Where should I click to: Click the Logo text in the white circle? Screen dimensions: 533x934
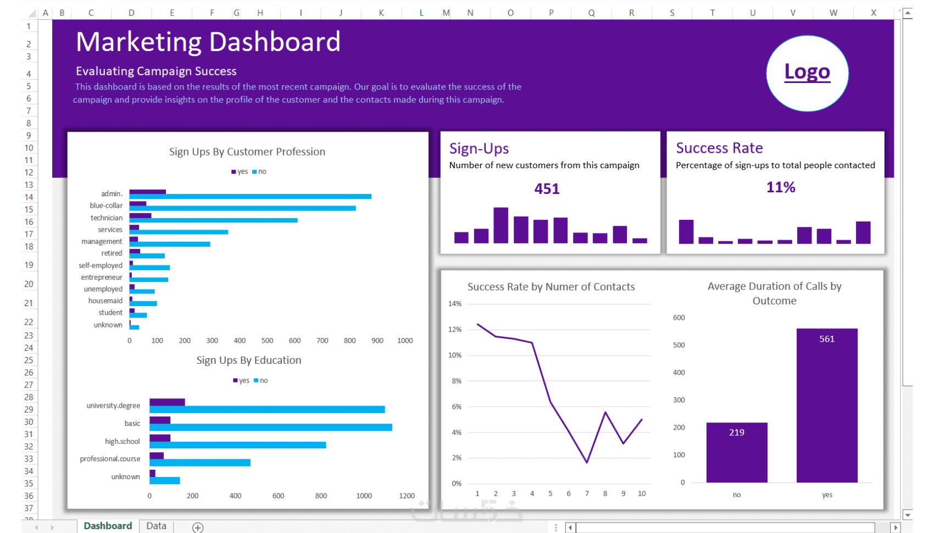tap(807, 72)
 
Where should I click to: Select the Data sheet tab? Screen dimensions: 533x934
tap(156, 526)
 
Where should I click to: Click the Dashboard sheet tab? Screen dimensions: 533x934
tap(108, 526)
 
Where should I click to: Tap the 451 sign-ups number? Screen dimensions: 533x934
tap(547, 189)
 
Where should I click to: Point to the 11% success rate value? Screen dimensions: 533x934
tap(781, 187)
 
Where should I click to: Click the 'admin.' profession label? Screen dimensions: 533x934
tap(112, 194)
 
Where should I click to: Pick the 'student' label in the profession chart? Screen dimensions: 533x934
tap(110, 313)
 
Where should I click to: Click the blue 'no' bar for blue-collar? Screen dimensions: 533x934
tap(242, 208)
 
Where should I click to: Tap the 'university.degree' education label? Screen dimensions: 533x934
tap(113, 406)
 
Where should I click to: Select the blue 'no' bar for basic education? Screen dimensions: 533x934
tap(270, 427)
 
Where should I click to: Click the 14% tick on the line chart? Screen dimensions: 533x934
tap(455, 304)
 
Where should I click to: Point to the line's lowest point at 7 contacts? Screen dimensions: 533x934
tap(587, 462)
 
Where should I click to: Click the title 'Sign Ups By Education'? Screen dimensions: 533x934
tap(249, 360)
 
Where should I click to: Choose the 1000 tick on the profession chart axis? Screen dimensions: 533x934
tap(405, 341)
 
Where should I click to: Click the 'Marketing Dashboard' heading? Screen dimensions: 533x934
tap(208, 42)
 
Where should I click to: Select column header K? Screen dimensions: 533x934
tap(381, 13)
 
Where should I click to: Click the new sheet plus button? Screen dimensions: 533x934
tap(198, 528)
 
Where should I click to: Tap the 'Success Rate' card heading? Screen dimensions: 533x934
tap(719, 148)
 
